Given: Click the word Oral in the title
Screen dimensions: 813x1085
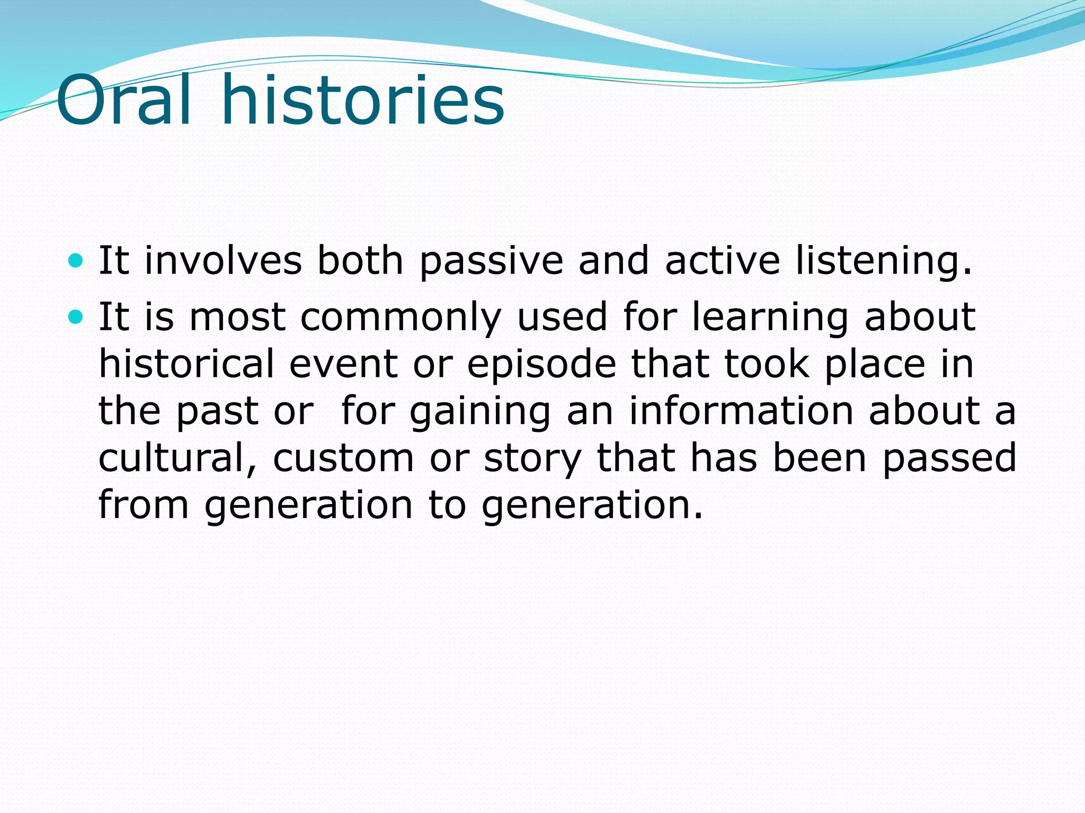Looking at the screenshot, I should [x=123, y=101].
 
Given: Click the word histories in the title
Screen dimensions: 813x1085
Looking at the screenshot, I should [x=363, y=101].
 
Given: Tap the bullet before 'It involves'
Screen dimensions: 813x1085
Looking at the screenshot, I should [x=76, y=260].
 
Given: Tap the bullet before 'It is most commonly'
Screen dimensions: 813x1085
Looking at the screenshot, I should [x=76, y=317].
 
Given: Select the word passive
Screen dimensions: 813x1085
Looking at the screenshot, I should [x=491, y=261].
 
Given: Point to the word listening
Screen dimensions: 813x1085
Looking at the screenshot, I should [x=884, y=261].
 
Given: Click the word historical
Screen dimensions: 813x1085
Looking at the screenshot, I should [x=187, y=364].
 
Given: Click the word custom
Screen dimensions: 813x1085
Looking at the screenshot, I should [x=343, y=458].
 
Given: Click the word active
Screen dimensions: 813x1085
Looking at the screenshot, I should [x=722, y=261].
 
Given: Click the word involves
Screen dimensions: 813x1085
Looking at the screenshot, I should [x=223, y=261].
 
